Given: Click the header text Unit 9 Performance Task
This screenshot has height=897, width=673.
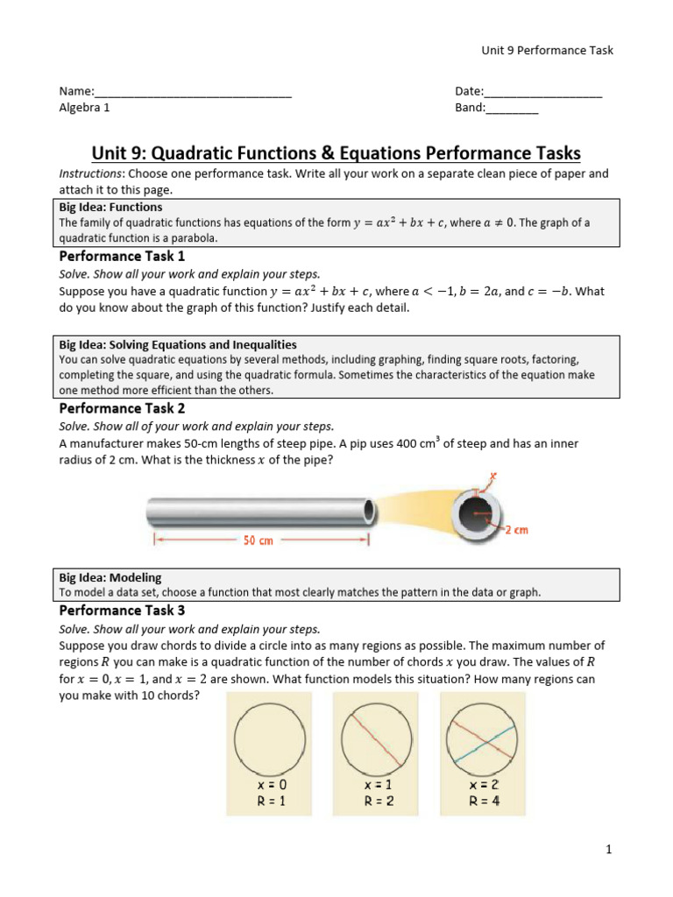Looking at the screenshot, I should click(547, 50).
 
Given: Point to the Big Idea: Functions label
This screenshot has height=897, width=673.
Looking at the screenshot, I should click(110, 208).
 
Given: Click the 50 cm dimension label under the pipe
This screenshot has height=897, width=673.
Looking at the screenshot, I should click(258, 541).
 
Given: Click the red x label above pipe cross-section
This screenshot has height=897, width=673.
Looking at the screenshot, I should click(493, 477).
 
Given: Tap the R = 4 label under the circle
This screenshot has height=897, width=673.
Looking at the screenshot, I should click(483, 801).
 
